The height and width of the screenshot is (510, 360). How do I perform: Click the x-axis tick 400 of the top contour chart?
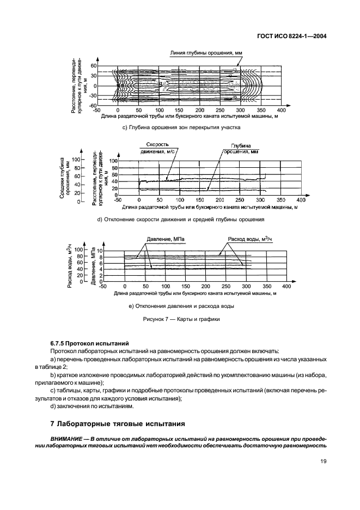click(281, 110)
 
